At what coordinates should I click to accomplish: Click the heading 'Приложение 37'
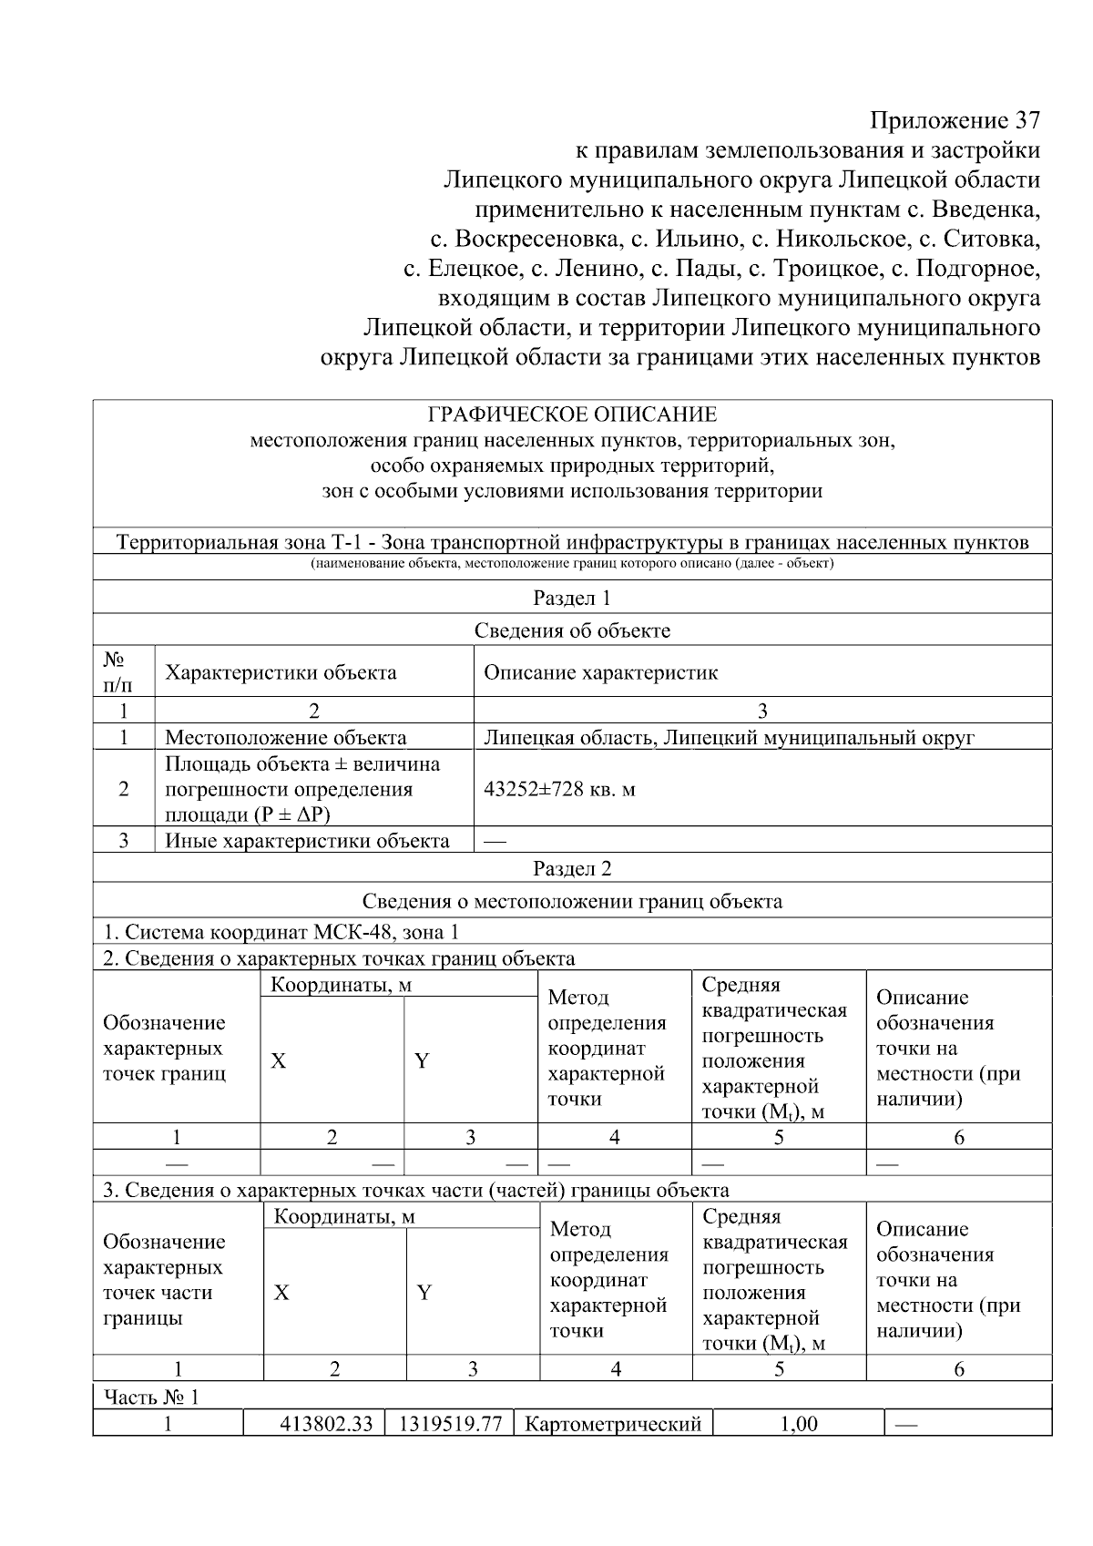[x=954, y=120]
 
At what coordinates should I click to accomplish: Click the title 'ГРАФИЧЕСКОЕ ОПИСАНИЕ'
[x=572, y=415]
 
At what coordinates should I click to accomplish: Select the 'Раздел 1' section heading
[x=572, y=598]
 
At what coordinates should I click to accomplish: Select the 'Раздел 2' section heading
[x=572, y=868]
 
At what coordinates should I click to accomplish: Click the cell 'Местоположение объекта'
[x=285, y=737]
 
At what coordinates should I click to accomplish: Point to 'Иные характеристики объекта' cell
[x=307, y=840]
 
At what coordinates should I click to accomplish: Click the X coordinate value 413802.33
[x=325, y=1423]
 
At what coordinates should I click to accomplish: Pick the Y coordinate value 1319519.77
[x=450, y=1423]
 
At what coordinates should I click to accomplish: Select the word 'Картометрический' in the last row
[x=613, y=1423]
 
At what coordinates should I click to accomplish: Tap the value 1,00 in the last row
[x=799, y=1423]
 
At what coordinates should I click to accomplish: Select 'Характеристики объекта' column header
[x=281, y=672]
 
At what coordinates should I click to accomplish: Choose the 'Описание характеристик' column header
[x=600, y=672]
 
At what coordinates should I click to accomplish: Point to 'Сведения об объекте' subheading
[x=572, y=630]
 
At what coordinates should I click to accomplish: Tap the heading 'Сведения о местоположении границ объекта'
[x=572, y=901]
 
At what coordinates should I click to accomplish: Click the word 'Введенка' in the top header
[x=991, y=210]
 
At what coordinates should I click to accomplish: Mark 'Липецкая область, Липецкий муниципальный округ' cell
[x=729, y=737]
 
